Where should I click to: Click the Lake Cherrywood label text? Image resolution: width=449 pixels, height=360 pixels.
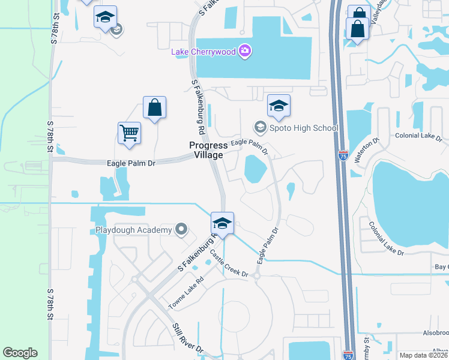pos(203,52)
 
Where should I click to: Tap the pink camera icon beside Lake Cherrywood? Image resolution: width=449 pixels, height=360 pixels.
pos(244,51)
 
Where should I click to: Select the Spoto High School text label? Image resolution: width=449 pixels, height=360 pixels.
pos(304,128)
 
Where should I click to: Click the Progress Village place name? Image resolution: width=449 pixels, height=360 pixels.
pos(208,150)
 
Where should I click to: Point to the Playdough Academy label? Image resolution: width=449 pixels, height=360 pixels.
pos(133,230)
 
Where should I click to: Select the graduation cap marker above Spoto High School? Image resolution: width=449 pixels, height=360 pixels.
pos(278,106)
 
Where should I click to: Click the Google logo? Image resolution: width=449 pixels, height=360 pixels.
pos(20,352)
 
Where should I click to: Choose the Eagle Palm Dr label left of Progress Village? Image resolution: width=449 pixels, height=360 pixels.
pos(131,163)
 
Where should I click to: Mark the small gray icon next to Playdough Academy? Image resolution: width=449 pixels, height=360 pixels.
pos(181,229)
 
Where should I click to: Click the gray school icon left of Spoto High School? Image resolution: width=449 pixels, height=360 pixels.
pos(260,127)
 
